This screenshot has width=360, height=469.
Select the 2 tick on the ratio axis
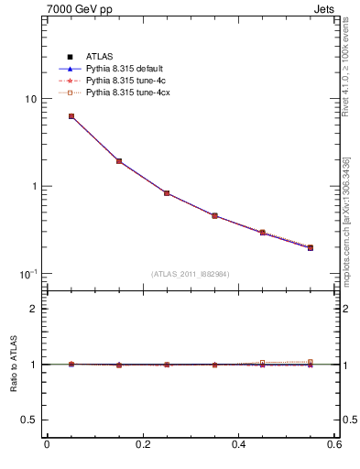[33, 309]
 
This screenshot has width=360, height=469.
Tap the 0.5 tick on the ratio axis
[28, 420]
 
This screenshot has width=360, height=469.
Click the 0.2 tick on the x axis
[143, 444]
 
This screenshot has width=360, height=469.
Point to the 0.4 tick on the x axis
[239, 444]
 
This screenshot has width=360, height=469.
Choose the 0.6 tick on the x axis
[334, 444]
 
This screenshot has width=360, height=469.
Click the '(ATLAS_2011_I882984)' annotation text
[190, 274]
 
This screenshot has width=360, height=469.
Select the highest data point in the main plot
[71, 116]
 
